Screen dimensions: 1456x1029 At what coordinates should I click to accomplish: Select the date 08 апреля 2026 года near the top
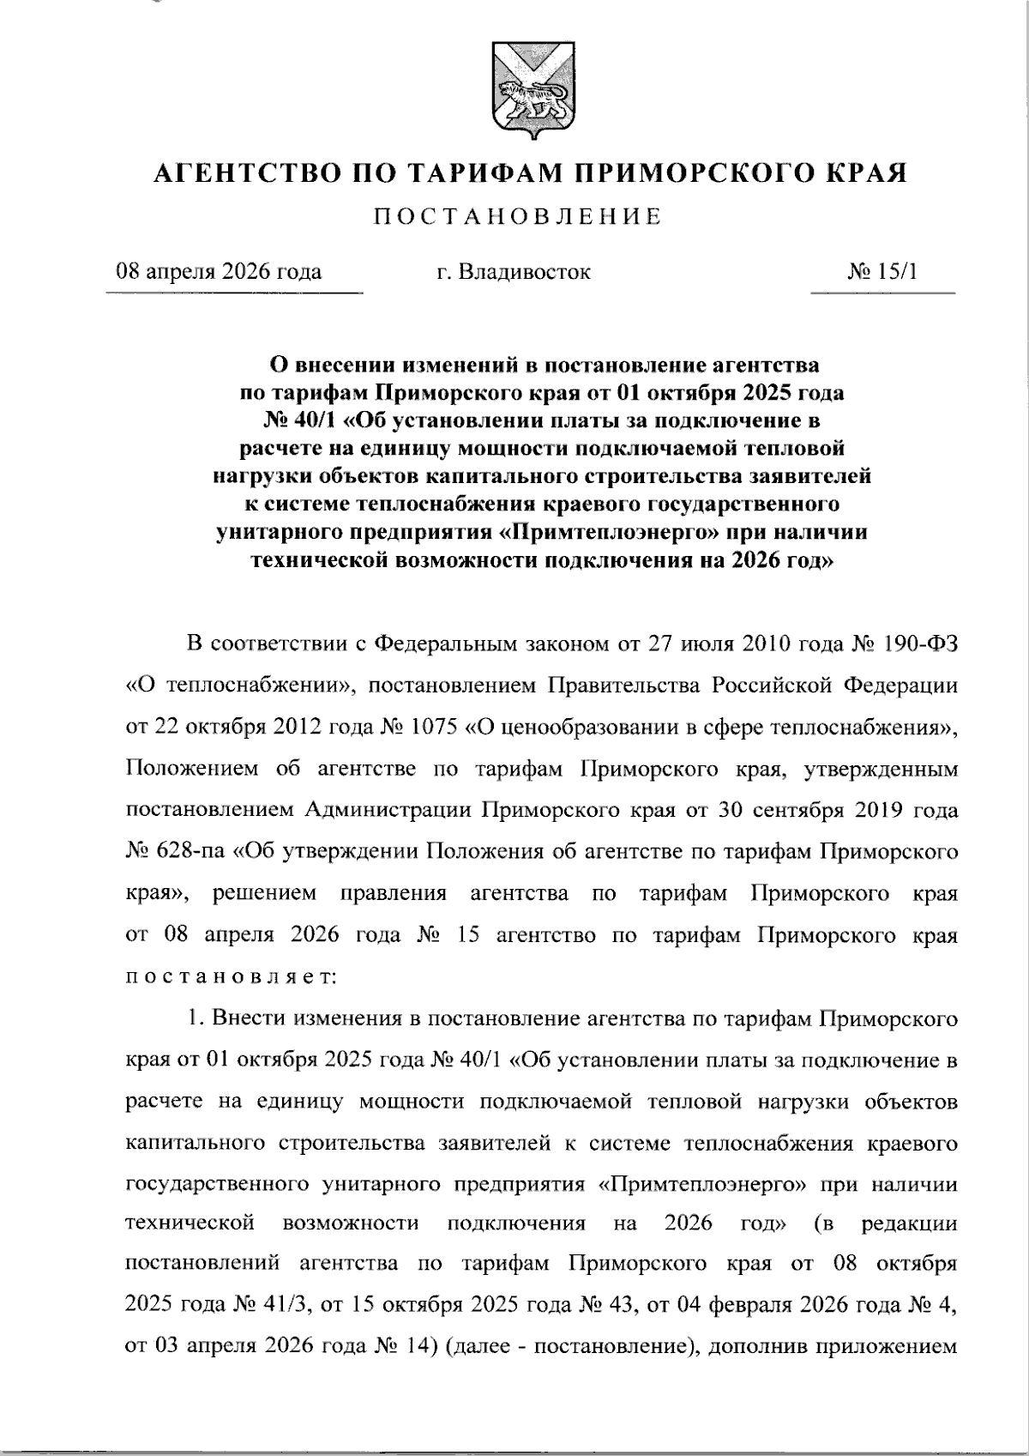click(220, 272)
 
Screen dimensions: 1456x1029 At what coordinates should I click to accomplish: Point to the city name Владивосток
click(524, 272)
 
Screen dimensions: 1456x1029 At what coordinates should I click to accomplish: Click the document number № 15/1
click(882, 272)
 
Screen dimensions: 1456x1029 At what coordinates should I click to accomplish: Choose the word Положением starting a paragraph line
click(191, 768)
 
